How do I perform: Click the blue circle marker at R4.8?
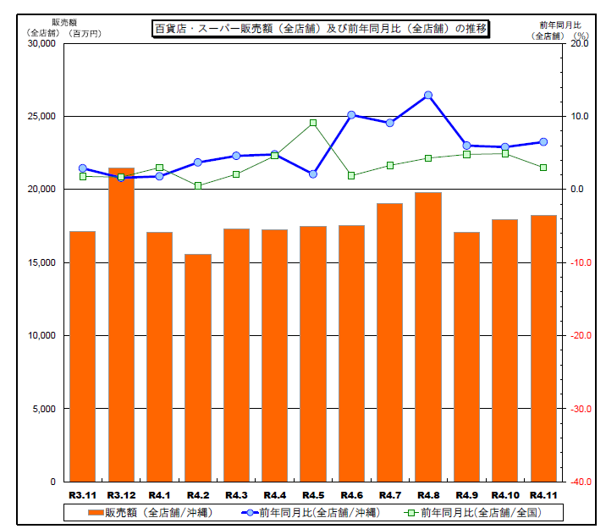[428, 95]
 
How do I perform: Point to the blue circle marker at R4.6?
[351, 114]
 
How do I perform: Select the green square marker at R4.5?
[313, 123]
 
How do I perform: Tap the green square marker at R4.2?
[198, 185]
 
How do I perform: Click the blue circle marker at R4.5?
[313, 174]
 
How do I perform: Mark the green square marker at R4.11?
[543, 168]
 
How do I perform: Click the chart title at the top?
[321, 29]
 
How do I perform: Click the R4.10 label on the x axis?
[505, 494]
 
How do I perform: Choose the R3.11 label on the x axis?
[82, 494]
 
